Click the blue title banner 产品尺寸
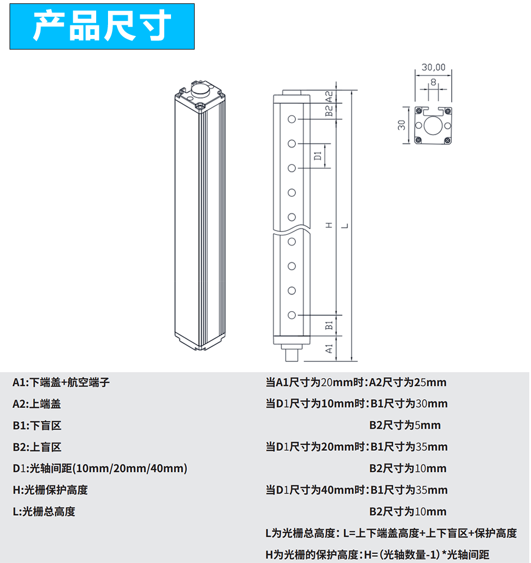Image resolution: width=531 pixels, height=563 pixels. pyautogui.click(x=102, y=26)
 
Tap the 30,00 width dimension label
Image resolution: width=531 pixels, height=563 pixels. pyautogui.click(x=434, y=67)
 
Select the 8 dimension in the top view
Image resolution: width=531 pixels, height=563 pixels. pyautogui.click(x=434, y=82)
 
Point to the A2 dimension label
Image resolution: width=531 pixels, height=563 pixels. pyautogui.click(x=328, y=97)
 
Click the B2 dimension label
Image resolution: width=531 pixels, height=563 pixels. pyautogui.click(x=328, y=111)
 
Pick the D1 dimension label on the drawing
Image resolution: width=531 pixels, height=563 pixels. pyautogui.click(x=318, y=156)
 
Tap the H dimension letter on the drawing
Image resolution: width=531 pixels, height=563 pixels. pyautogui.click(x=329, y=225)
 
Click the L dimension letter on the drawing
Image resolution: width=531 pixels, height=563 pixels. pyautogui.click(x=345, y=226)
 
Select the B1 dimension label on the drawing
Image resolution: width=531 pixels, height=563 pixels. pyautogui.click(x=328, y=325)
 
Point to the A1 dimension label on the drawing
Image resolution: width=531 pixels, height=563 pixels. pyautogui.click(x=328, y=348)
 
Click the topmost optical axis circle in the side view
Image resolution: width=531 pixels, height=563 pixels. pyautogui.click(x=292, y=119)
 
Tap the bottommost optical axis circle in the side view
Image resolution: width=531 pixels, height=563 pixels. pyautogui.click(x=292, y=315)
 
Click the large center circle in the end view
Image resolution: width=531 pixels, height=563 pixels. pyautogui.click(x=433, y=126)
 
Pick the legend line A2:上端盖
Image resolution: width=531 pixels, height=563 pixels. pyautogui.click(x=37, y=404)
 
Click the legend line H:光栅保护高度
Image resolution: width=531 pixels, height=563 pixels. pyautogui.click(x=50, y=490)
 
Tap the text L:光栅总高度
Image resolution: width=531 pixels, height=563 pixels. pyautogui.click(x=44, y=512)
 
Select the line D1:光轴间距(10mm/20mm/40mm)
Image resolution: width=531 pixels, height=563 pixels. pyautogui.click(x=100, y=468)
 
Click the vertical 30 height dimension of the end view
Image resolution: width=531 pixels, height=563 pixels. pyautogui.click(x=402, y=125)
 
